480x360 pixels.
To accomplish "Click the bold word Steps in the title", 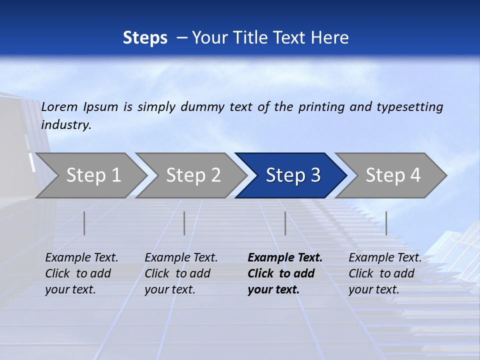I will (x=145, y=37).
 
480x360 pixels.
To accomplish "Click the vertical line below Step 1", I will (x=84, y=223).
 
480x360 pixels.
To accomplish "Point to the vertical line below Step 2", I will (x=184, y=223).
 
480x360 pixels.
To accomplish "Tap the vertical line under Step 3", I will (x=285, y=223).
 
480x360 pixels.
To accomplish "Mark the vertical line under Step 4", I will (x=386, y=223).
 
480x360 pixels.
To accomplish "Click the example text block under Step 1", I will (x=81, y=273).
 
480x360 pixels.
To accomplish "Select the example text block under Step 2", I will (x=181, y=273).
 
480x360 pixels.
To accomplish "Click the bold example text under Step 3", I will (x=284, y=273).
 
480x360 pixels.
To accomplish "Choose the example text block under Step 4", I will (x=385, y=273).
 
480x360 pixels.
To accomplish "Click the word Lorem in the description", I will (x=59, y=106).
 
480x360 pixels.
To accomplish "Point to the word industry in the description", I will (x=65, y=124).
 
